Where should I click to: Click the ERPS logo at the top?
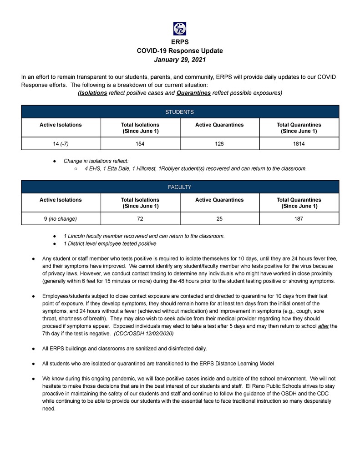[180, 29]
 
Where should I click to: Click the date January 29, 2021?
[180, 60]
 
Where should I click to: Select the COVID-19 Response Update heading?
[180, 51]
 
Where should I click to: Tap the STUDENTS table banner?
[180, 111]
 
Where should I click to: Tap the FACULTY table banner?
[180, 187]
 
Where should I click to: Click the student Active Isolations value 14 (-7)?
[61, 143]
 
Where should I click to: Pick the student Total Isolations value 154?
[140, 143]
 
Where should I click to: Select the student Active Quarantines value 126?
[219, 143]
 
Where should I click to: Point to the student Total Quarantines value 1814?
[299, 143]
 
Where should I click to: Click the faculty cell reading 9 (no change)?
[61, 219]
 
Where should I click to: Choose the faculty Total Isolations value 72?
[140, 219]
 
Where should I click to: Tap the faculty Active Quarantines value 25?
[219, 219]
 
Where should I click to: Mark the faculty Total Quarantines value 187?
[299, 219]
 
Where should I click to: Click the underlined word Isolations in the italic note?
[93, 93]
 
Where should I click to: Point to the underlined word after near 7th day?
[324, 326]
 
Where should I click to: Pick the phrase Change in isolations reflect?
[96, 161]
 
